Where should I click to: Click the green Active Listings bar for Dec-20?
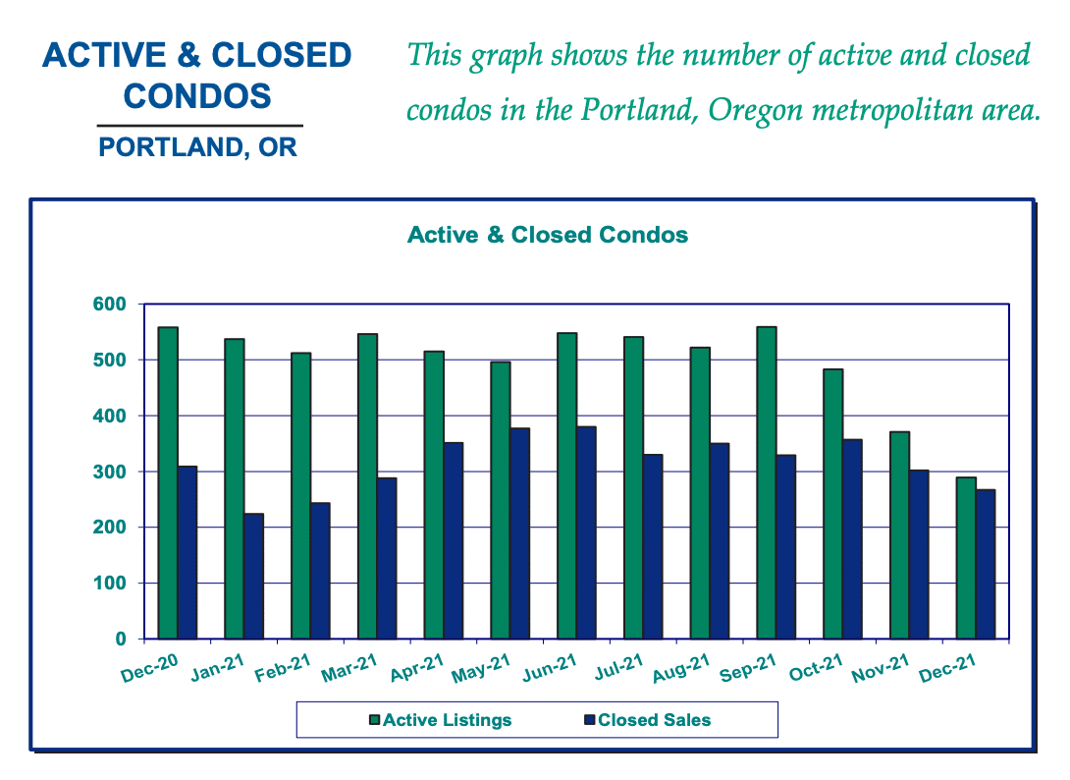[x=168, y=483]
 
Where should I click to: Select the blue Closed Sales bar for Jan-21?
[x=254, y=577]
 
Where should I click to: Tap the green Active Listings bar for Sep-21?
[x=767, y=483]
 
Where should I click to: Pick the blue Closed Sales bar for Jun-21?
[x=586, y=532]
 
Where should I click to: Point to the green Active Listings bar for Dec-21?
[x=966, y=558]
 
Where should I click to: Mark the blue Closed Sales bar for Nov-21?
[x=919, y=555]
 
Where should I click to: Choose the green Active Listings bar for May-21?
[x=501, y=501]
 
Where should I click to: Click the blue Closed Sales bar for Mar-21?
[x=387, y=559]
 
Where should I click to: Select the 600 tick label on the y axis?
[x=110, y=304]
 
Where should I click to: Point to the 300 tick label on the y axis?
[x=110, y=472]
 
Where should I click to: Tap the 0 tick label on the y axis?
[x=121, y=640]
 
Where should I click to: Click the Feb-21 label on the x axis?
[x=283, y=667]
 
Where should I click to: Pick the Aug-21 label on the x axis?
[x=681, y=667]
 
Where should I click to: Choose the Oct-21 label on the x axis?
[x=816, y=667]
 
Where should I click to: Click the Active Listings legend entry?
[x=440, y=720]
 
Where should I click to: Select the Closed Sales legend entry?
[x=648, y=720]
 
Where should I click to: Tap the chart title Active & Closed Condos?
[x=548, y=235]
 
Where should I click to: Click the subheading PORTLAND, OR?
[x=198, y=147]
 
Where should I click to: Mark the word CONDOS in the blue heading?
[x=197, y=96]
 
